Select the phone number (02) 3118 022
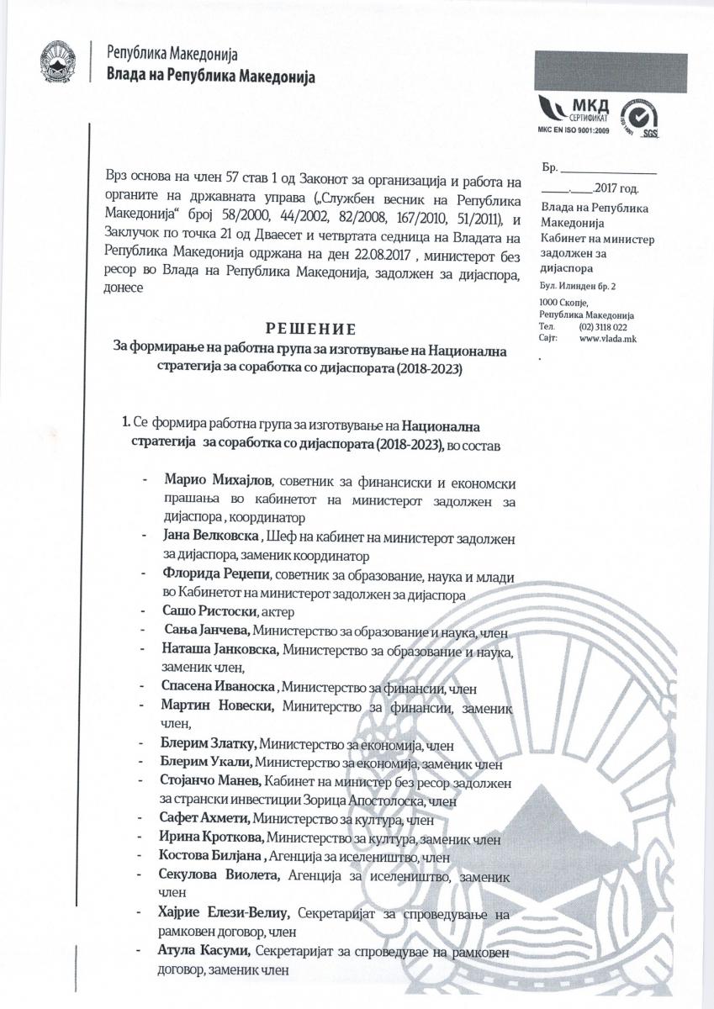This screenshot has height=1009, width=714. (603, 326)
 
